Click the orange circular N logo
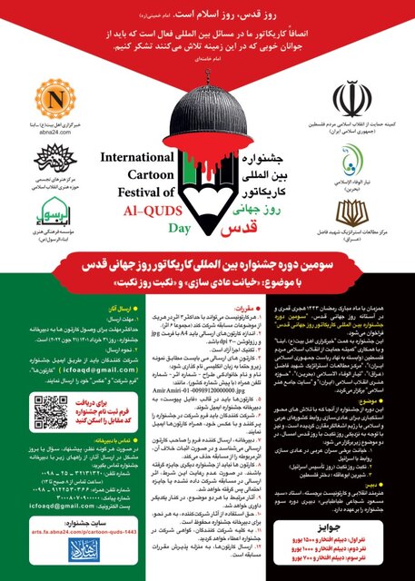(x=51, y=98)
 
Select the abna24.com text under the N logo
(x=51, y=129)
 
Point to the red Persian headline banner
(x=207, y=300)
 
